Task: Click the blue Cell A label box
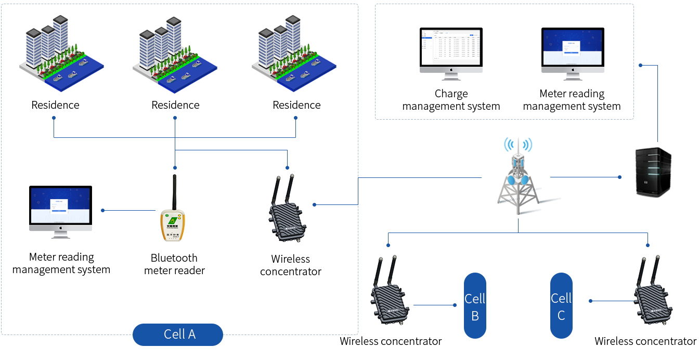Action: (x=177, y=334)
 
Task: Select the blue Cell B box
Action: (x=475, y=305)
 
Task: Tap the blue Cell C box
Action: (x=561, y=305)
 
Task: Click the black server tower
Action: (x=653, y=172)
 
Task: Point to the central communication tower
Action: (x=518, y=177)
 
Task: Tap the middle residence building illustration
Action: (x=174, y=55)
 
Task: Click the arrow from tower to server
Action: (x=586, y=177)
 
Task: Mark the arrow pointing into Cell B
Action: (x=435, y=305)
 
